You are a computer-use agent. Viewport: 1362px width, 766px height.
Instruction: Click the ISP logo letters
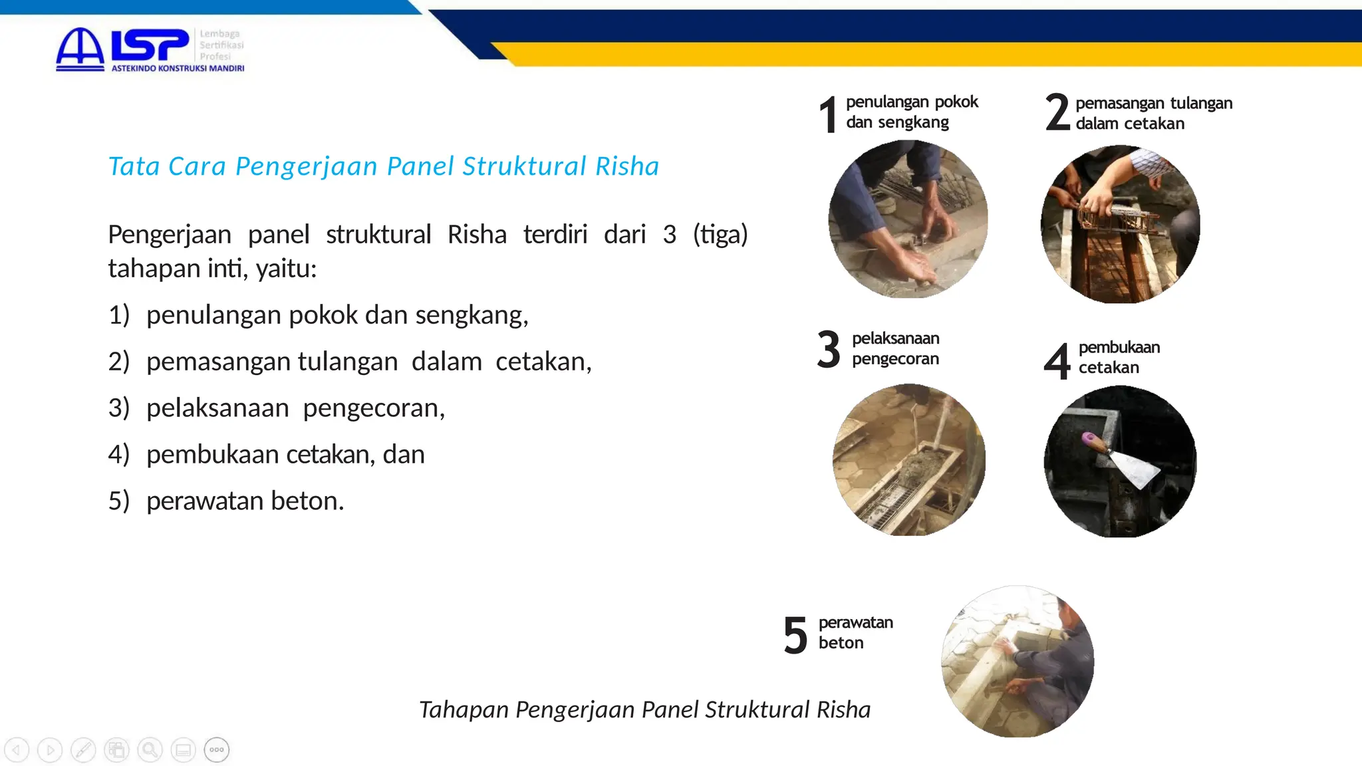150,45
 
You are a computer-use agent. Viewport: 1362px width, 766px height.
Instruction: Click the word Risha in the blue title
626,166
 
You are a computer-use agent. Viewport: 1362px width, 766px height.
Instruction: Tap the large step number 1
828,114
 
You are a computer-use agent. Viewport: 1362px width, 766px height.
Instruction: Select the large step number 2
1057,112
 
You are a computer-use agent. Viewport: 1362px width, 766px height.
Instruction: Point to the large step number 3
829,350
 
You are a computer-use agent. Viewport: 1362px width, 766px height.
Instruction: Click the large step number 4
1057,361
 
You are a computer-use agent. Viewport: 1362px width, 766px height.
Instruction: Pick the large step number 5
795,636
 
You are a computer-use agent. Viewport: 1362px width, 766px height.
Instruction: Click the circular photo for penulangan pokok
908,219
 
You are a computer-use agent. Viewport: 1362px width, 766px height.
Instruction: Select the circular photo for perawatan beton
1018,662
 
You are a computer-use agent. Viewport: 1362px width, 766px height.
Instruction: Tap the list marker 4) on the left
118,455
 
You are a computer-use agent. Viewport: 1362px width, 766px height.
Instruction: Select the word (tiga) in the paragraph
720,235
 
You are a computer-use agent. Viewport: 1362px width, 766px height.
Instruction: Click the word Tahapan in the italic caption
464,710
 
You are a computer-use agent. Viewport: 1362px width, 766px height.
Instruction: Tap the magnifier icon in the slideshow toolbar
150,750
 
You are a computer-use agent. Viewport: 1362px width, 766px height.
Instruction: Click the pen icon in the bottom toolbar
83,750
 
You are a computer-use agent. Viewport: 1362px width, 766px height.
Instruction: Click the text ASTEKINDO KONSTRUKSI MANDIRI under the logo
178,68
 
